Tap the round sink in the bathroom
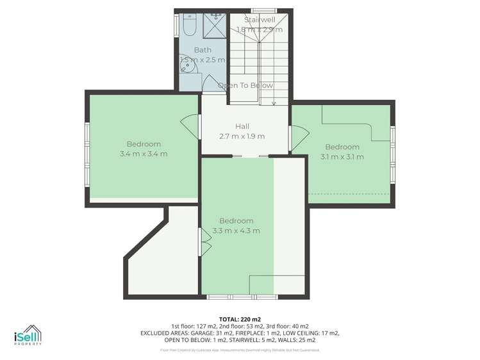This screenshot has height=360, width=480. pos(186,60)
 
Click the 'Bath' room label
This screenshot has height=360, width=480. pos(203,50)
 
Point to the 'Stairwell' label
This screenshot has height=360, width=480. pos(259,20)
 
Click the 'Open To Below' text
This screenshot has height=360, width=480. pos(245,85)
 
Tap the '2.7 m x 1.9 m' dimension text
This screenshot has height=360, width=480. pos(242,136)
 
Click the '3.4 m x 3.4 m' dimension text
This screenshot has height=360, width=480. pos(144,153)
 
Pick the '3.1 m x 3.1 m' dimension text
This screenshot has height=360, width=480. pos(343,156)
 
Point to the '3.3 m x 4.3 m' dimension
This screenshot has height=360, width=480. pos(236,231)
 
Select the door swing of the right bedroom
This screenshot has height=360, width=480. pos(299,136)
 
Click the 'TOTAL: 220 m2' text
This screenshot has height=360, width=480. pos(240,318)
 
